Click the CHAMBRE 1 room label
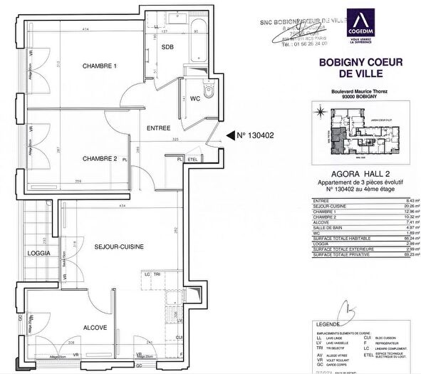[98, 67]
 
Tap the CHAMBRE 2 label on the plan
[98, 158]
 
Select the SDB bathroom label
[167, 48]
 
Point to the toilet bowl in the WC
[207, 91]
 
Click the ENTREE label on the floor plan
[158, 128]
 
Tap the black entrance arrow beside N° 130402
[229, 135]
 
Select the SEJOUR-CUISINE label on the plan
[119, 246]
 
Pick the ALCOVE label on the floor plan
[95, 328]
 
